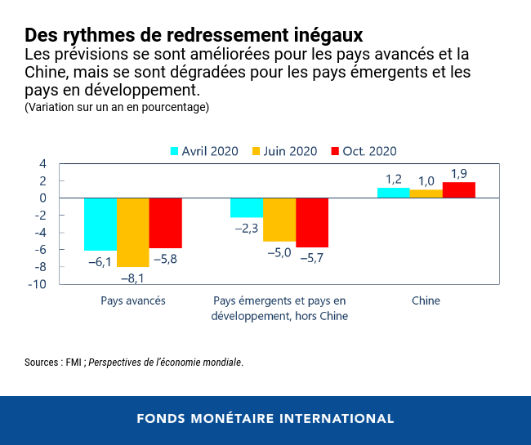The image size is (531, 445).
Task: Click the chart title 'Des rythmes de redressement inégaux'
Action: [194, 35]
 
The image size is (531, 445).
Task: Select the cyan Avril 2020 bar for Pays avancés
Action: [100, 224]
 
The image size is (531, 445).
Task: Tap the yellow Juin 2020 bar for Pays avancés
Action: [133, 233]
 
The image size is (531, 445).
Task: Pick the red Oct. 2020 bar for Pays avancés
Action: [166, 223]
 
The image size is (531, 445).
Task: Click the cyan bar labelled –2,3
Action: [247, 207]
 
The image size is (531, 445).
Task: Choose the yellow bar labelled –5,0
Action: [279, 220]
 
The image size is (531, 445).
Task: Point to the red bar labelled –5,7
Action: [312, 222]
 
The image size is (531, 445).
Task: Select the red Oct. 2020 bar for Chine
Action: [458, 190]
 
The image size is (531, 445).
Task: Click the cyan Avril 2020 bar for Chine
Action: [393, 193]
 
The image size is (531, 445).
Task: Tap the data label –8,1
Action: [132, 278]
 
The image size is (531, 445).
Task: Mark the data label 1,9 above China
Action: [459, 173]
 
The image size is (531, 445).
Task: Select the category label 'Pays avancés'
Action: [133, 300]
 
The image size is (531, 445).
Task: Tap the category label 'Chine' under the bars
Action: [426, 300]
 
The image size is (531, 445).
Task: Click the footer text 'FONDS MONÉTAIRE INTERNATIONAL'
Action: [265, 419]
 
